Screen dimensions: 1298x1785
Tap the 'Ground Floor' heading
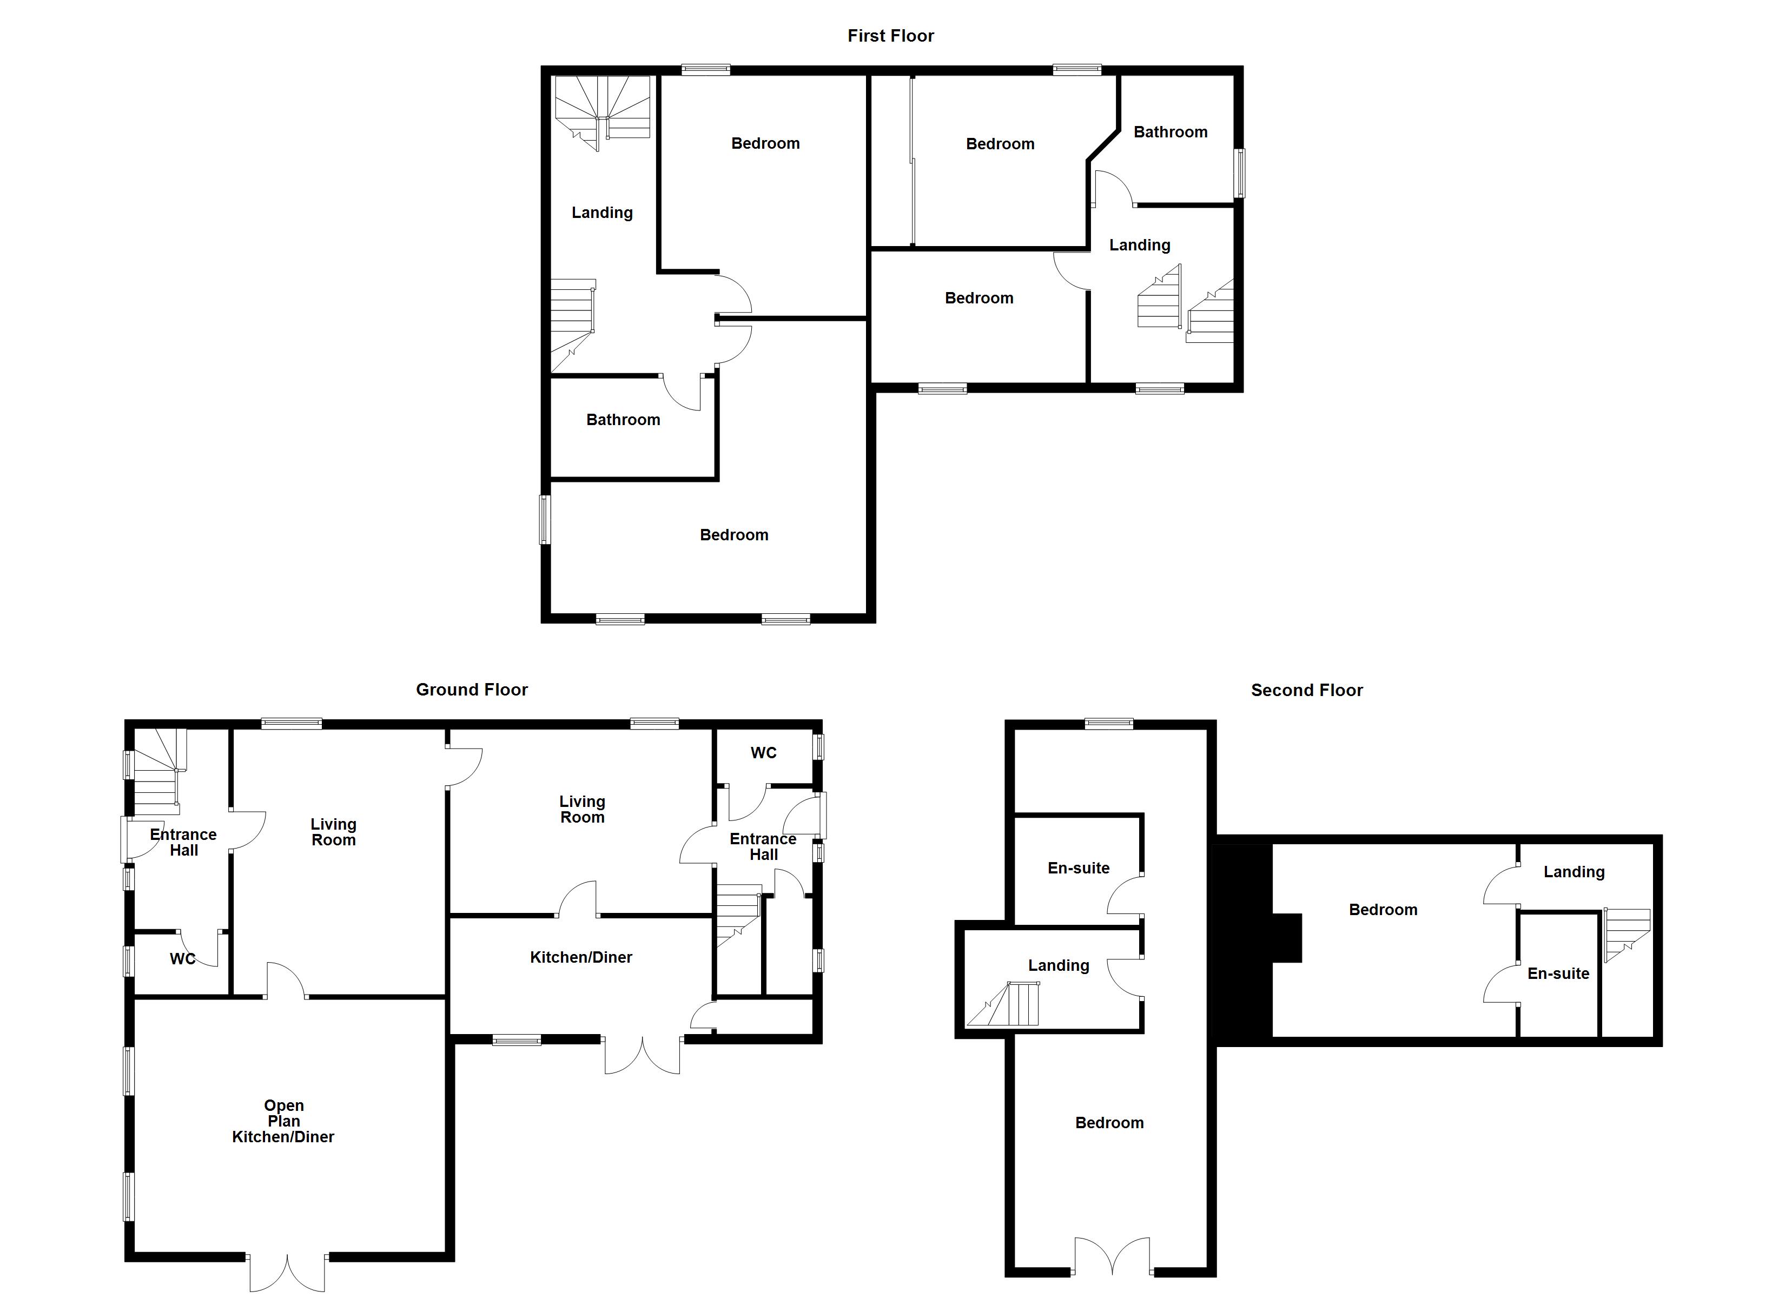[x=472, y=690]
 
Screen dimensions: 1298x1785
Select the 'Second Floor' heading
[x=1306, y=690]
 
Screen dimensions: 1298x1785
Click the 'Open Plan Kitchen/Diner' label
[x=283, y=1121]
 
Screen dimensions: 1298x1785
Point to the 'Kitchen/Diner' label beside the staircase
[x=581, y=957]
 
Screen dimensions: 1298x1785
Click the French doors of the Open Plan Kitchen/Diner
[x=287, y=1273]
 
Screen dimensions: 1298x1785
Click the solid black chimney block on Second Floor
[x=1244, y=941]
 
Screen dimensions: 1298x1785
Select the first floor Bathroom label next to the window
[x=1171, y=133]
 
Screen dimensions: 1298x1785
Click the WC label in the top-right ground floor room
[x=763, y=752]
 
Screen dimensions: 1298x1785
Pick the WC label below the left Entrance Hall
[x=183, y=959]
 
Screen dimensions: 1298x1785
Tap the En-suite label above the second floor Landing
[x=1078, y=868]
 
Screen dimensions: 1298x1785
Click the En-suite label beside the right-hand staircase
[x=1558, y=974]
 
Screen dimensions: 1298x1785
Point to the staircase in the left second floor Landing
[x=1007, y=1005]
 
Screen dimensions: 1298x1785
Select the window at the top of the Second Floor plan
[x=1109, y=724]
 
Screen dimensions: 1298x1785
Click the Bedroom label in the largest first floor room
[x=733, y=535]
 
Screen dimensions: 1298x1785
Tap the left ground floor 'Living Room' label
[x=333, y=832]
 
